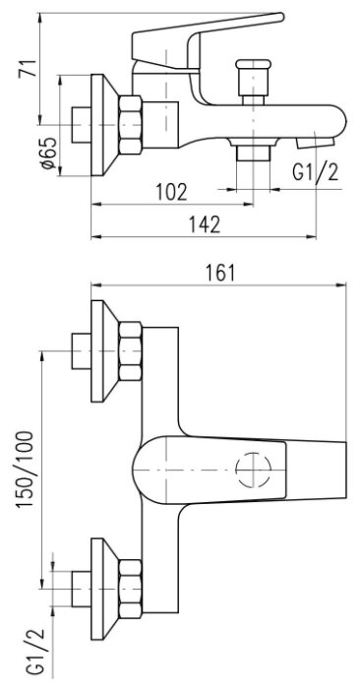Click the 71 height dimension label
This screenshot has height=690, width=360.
click(28, 67)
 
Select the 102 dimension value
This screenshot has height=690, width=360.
click(172, 192)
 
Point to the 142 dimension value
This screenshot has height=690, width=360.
click(205, 224)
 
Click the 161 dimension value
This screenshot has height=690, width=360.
click(219, 274)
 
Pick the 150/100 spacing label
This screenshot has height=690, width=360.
click(26, 470)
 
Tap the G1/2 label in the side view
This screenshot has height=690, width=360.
click(316, 172)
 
